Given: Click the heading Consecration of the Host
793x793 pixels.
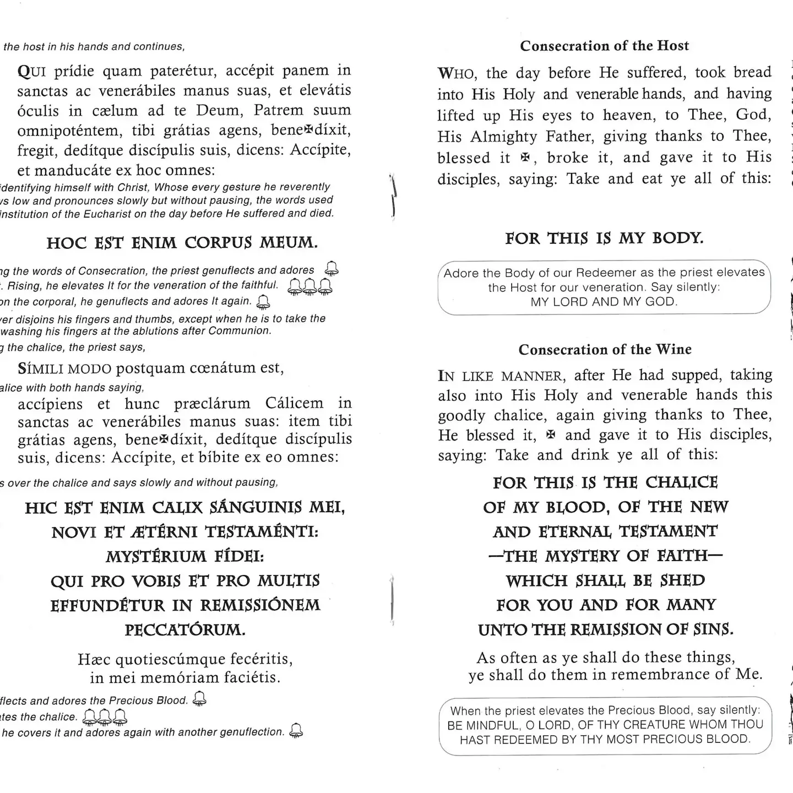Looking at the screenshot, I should [x=604, y=46].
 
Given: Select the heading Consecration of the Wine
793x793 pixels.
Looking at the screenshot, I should [x=605, y=350].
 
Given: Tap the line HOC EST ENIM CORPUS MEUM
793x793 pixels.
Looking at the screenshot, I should [x=182, y=243].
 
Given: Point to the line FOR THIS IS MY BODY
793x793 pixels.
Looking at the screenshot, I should [x=604, y=238].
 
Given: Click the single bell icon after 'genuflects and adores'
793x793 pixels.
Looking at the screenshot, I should [x=332, y=269].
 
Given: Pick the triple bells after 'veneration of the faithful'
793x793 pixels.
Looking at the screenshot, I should [x=311, y=285].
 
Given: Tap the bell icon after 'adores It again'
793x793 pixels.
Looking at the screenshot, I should [x=264, y=301].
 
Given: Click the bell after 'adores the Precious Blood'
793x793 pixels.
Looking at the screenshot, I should [x=200, y=699].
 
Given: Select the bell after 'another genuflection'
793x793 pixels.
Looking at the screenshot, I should [x=296, y=730].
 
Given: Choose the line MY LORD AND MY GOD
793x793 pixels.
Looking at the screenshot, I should [x=604, y=302].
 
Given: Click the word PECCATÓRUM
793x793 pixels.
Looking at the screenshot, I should [x=185, y=629].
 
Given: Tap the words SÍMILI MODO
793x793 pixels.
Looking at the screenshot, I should [x=64, y=368].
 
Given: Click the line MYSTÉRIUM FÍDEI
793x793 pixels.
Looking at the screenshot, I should [x=185, y=556].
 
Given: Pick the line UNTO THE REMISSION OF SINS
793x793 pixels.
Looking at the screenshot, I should [x=605, y=629].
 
